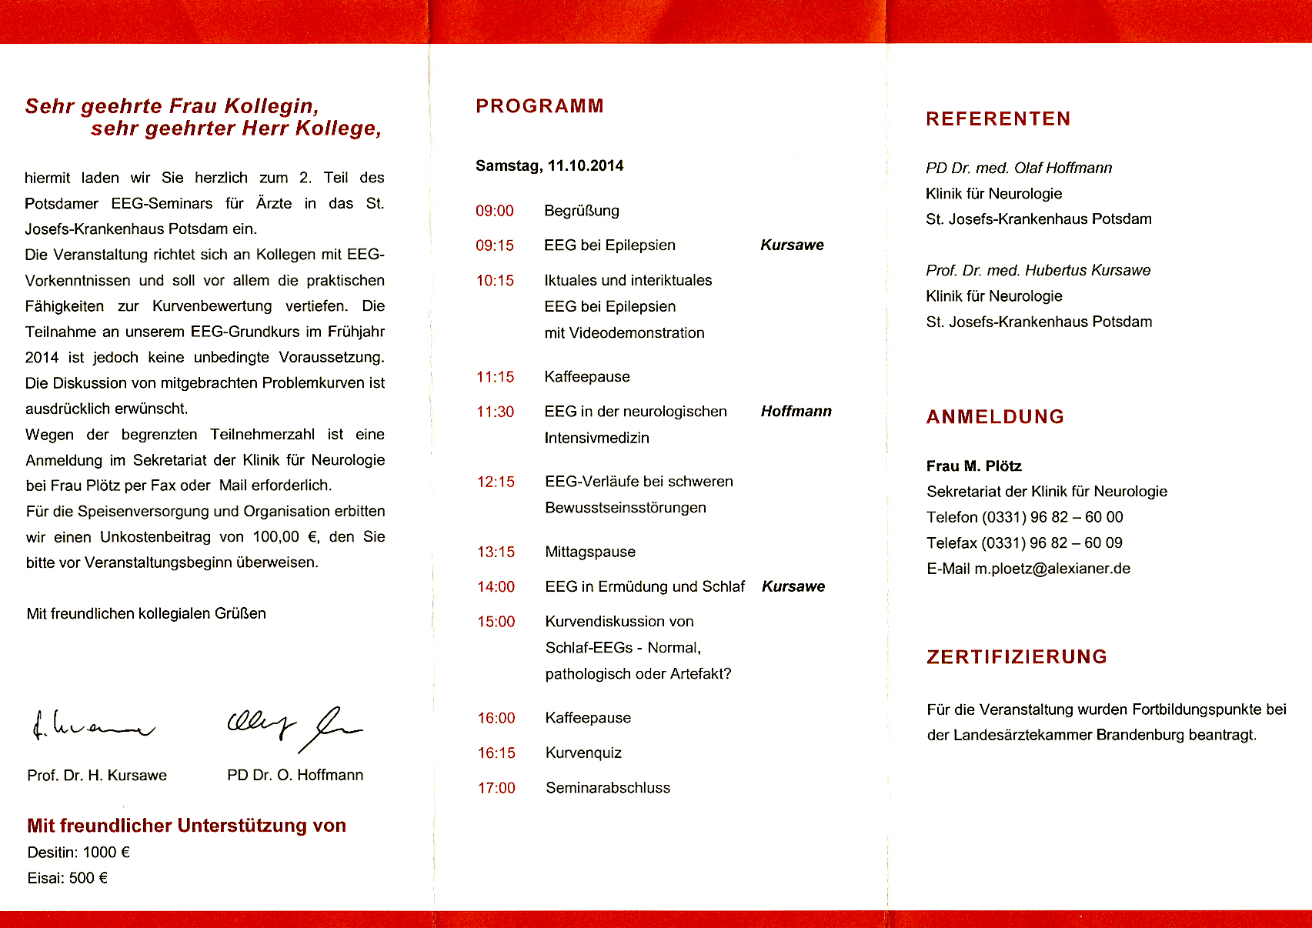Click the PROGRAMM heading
[539, 106]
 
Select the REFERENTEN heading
[998, 119]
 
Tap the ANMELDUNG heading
[995, 417]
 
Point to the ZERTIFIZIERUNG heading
[1017, 657]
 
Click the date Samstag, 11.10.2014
[549, 166]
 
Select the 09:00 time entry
[495, 211]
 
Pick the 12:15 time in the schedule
[496, 482]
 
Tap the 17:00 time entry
[496, 788]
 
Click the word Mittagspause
[590, 552]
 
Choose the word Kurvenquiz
[583, 753]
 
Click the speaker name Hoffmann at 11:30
[796, 412]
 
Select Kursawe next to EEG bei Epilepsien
[792, 245]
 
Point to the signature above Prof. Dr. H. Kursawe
[92, 726]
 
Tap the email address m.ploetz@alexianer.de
[1052, 569]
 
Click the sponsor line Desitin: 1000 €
[78, 853]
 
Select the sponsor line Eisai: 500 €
[68, 878]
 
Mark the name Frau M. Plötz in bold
[973, 466]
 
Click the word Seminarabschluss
[608, 788]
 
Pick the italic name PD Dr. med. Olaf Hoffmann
[1019, 169]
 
